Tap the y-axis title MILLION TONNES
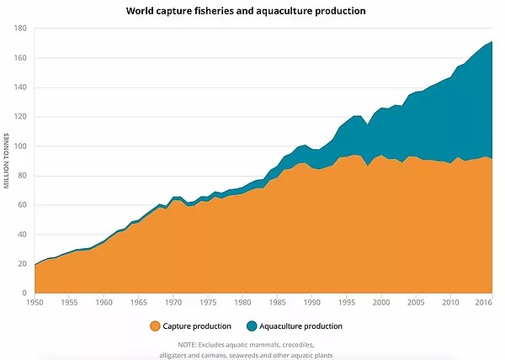point(6,160)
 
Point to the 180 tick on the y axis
point(21,29)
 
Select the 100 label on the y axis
point(21,146)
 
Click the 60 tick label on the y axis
point(23,205)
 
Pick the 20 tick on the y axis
point(23,264)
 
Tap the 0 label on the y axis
point(25,294)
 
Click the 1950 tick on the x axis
point(35,302)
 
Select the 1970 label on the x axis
point(173,302)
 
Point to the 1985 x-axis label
point(276,302)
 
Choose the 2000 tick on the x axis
point(380,302)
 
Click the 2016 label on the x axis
point(484,302)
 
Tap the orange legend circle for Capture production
point(154,326)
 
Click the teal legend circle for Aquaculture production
point(252,326)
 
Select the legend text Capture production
point(197,326)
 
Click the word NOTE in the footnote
point(189,345)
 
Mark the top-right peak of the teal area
point(492,42)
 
